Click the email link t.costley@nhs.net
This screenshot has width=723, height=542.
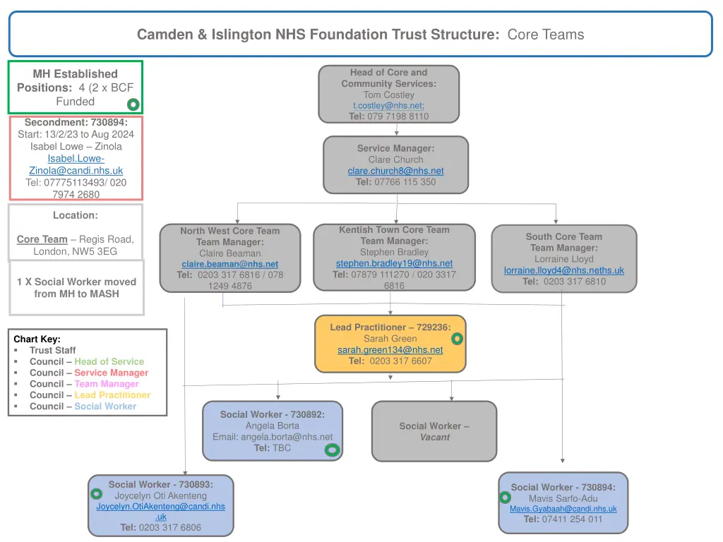[x=388, y=106]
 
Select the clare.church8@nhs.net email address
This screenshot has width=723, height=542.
[x=395, y=171]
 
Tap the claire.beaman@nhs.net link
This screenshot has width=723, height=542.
[x=229, y=264]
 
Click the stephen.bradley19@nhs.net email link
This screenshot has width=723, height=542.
[x=394, y=263]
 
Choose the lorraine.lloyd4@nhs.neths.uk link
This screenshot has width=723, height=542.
[x=563, y=270]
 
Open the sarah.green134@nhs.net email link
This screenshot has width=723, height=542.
[x=390, y=350]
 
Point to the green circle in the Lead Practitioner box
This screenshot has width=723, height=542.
[x=458, y=339]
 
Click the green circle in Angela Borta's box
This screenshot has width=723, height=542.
[x=332, y=450]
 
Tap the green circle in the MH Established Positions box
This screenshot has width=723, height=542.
[x=133, y=105]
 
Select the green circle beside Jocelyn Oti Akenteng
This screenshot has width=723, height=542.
[x=97, y=494]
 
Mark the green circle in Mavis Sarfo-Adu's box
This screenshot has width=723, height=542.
[x=506, y=497]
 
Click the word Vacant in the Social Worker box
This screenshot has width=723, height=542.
[x=434, y=438]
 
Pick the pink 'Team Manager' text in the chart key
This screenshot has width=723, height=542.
[x=107, y=384]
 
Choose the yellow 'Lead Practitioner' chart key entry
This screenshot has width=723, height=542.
[x=112, y=395]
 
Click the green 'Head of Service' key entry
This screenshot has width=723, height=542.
[x=109, y=361]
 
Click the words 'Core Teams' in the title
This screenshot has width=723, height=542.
[x=545, y=35]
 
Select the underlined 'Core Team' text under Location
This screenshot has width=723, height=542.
[x=42, y=239]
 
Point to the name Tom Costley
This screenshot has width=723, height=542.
[x=388, y=95]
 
